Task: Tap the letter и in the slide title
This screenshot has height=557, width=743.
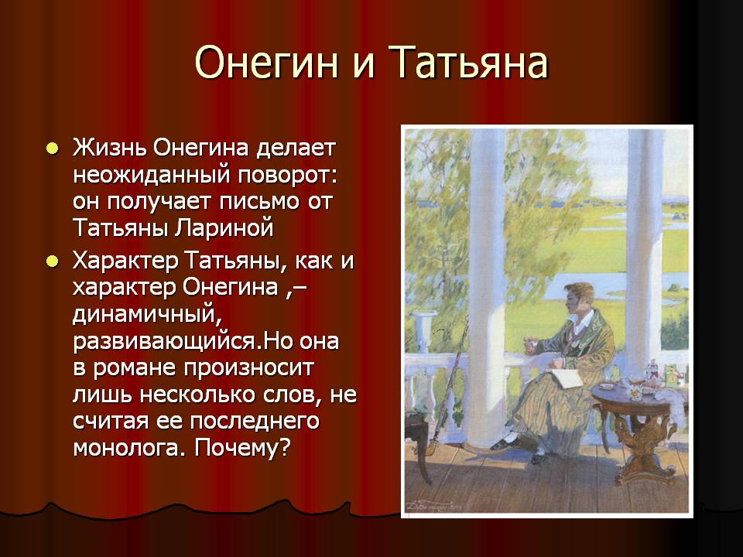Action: click(x=364, y=66)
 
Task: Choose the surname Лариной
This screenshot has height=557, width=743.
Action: click(x=224, y=228)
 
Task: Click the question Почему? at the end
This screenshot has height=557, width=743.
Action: click(x=241, y=446)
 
